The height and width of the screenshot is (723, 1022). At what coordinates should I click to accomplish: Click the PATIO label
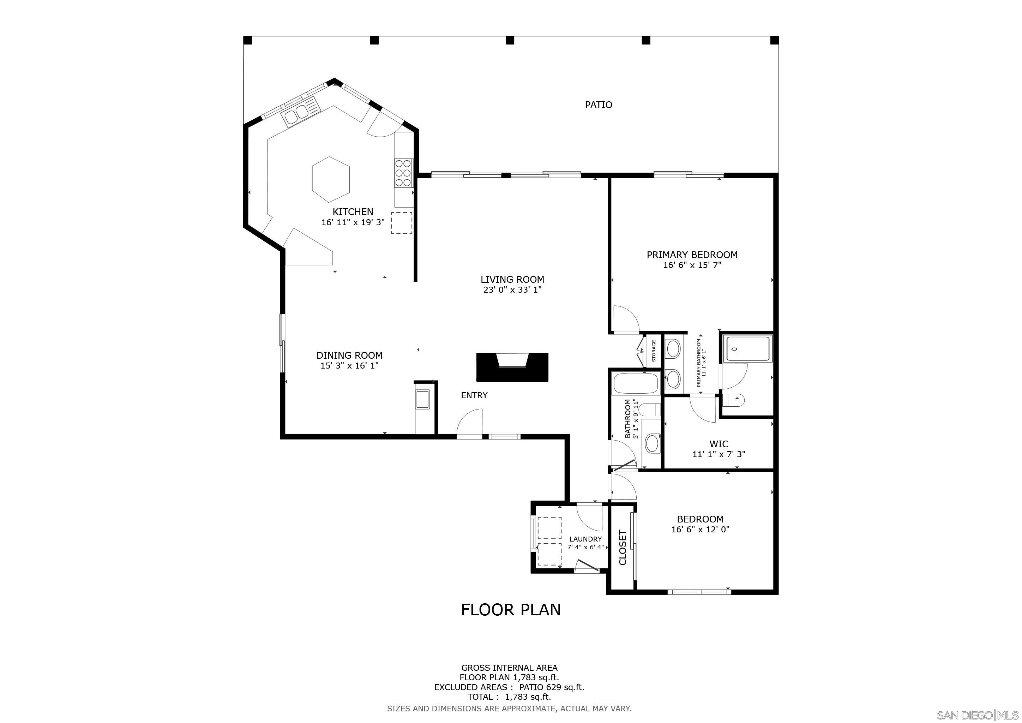click(598, 104)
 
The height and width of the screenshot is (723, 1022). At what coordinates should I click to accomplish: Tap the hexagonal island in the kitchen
click(331, 179)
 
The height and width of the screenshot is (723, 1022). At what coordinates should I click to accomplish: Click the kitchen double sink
click(297, 114)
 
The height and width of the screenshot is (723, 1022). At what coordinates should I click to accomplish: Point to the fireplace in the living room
click(512, 366)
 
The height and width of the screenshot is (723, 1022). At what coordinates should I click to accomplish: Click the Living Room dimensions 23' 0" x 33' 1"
click(512, 290)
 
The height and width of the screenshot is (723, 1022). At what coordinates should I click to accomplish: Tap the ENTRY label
click(474, 395)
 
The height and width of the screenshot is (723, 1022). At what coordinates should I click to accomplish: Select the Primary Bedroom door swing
click(626, 319)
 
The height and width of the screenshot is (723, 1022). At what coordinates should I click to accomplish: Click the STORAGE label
click(654, 351)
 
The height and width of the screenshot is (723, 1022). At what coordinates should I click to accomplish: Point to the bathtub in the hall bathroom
click(635, 383)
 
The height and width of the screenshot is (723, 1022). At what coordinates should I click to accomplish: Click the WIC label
click(719, 444)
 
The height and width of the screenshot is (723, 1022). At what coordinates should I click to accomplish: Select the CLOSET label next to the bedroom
click(622, 548)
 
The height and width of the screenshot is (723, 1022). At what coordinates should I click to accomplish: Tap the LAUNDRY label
click(585, 539)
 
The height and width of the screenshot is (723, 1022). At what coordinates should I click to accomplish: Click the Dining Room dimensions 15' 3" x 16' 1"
click(349, 365)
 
